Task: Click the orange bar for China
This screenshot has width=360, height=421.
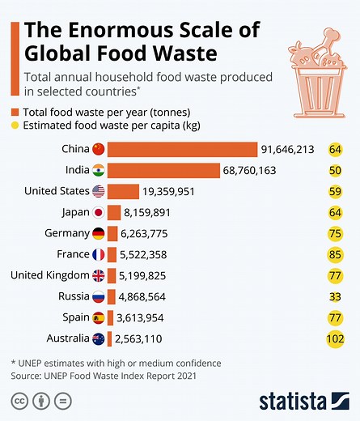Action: [182, 149]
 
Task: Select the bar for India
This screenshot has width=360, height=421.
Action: [163, 170]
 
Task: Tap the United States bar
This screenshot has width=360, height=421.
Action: [123, 191]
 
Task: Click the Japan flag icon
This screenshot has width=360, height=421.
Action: [99, 212]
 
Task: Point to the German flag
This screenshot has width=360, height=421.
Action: [99, 233]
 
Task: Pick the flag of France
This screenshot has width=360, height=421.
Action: [99, 254]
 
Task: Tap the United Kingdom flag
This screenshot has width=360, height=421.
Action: [99, 275]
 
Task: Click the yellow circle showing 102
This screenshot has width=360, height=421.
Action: [335, 338]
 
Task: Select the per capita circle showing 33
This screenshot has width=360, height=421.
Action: [335, 296]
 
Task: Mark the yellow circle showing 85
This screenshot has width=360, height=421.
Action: [335, 254]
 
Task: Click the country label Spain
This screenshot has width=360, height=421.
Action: [74, 317]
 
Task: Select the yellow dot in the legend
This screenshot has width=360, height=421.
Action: [15, 125]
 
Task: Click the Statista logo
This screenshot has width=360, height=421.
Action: [303, 401]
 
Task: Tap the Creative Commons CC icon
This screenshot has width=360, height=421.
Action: [19, 402]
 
